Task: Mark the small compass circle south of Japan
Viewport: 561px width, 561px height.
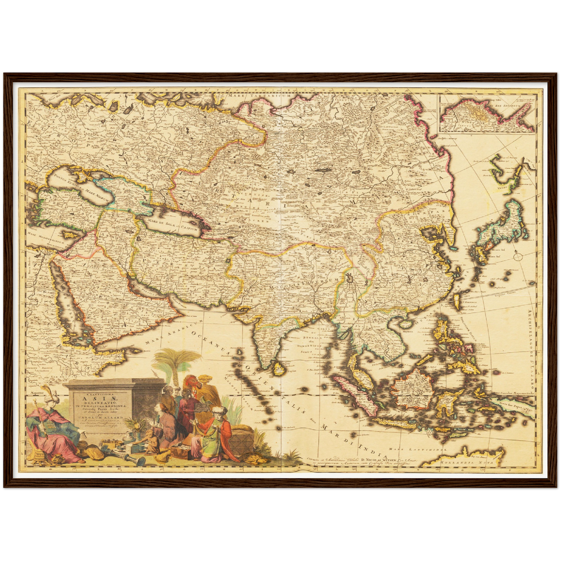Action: (517, 256)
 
